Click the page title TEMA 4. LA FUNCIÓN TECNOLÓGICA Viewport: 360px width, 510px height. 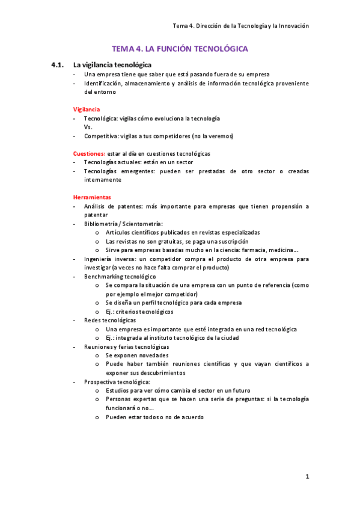[x=180, y=49]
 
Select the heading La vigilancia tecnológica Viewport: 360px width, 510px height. [x=112, y=64]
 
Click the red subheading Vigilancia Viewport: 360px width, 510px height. [x=87, y=109]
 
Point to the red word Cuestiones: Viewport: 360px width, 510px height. [x=89, y=153]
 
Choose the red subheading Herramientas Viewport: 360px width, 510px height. [x=92, y=197]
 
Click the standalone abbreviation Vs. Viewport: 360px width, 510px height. [x=88, y=127]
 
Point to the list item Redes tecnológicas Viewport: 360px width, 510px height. [x=110, y=321]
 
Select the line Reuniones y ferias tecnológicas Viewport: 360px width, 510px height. [x=127, y=347]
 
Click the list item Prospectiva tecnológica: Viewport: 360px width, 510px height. [x=117, y=382]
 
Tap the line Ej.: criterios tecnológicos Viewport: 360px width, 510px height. [x=139, y=312]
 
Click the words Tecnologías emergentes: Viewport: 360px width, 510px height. [x=118, y=171]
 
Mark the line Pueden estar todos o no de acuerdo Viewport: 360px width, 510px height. [x=155, y=417]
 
